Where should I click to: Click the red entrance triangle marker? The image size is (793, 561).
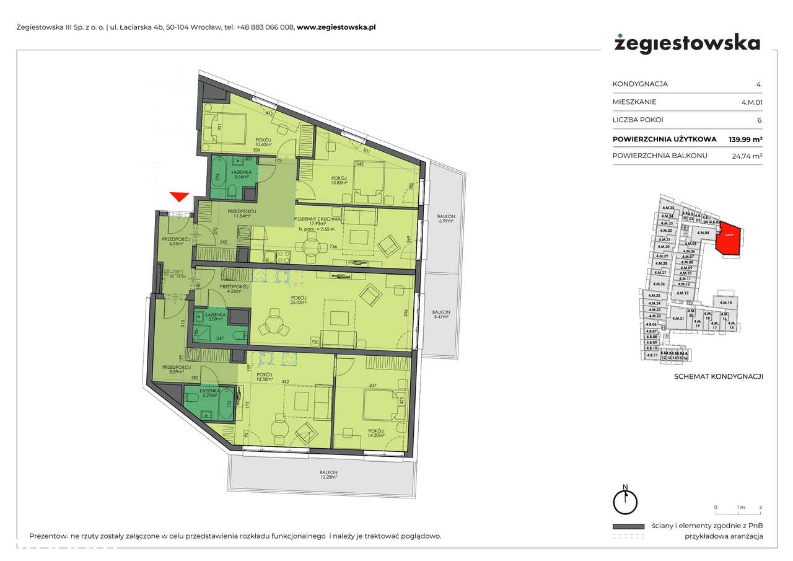pyautogui.click(x=180, y=197)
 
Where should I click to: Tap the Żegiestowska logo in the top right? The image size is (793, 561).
pyautogui.click(x=686, y=43)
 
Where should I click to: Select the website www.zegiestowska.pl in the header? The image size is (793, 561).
pyautogui.click(x=336, y=27)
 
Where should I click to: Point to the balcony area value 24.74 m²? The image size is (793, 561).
pyautogui.click(x=747, y=156)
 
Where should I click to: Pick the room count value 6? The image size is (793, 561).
pyautogui.click(x=759, y=120)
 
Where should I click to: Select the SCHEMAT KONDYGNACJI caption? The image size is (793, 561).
pyautogui.click(x=718, y=376)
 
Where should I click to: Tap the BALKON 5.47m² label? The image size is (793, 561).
pyautogui.click(x=441, y=315)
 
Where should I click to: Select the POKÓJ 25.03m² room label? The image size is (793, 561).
pyautogui.click(x=299, y=301)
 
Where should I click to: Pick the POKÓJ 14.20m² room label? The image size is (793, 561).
pyautogui.click(x=375, y=433)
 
